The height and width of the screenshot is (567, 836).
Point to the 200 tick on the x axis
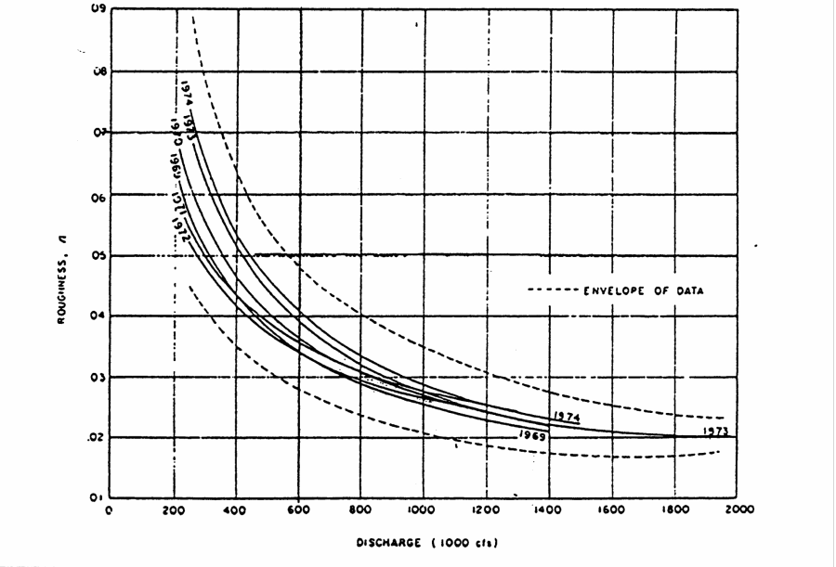click(173, 509)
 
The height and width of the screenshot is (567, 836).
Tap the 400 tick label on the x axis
click(235, 509)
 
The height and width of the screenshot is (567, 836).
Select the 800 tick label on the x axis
click(360, 509)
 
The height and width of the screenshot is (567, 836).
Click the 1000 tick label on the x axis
click(423, 509)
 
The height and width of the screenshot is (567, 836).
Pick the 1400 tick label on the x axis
click(548, 509)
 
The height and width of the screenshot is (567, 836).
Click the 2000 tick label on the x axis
click(736, 509)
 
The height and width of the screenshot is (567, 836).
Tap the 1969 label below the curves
click(531, 433)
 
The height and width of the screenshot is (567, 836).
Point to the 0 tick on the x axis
click(110, 509)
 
